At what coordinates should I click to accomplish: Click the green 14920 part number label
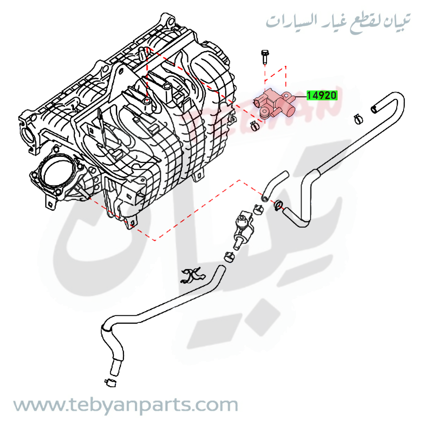[x=321, y=96]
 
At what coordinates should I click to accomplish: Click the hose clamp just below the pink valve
[x=255, y=125]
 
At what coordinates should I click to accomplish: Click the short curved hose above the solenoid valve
[x=274, y=184]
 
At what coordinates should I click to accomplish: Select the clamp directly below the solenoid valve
[x=229, y=256]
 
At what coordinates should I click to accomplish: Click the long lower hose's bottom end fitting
[x=115, y=366]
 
